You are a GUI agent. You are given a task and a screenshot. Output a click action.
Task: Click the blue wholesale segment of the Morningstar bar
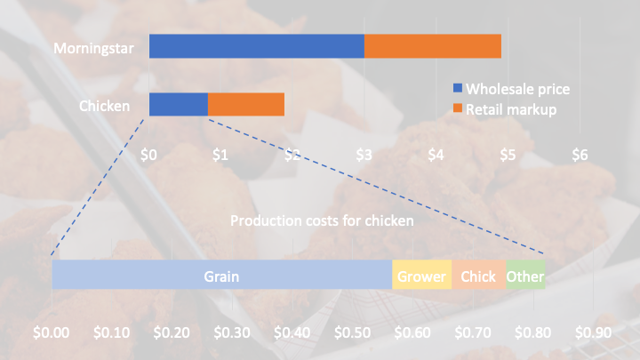pyautogui.click(x=256, y=46)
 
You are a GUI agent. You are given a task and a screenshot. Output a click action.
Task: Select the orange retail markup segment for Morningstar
pyautogui.click(x=433, y=46)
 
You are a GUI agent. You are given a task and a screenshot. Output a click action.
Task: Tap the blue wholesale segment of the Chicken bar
pyautogui.click(x=179, y=104)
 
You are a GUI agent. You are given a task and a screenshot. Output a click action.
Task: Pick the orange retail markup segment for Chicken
pyautogui.click(x=246, y=104)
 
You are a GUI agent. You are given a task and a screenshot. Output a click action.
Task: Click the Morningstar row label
pyautogui.click(x=93, y=48)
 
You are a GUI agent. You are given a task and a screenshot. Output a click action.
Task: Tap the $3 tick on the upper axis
pyautogui.click(x=364, y=154)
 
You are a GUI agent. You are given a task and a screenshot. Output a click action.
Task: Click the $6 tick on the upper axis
pyautogui.click(x=580, y=154)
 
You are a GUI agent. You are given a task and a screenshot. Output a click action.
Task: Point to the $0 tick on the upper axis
pyautogui.click(x=149, y=154)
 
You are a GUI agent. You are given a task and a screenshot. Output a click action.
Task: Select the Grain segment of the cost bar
pyautogui.click(x=221, y=276)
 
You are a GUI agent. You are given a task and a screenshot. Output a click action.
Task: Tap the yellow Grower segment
pyautogui.click(x=421, y=276)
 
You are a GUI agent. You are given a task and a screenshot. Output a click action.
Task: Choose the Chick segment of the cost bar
pyautogui.click(x=478, y=276)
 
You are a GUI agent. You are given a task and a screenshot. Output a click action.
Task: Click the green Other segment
pyautogui.click(x=525, y=276)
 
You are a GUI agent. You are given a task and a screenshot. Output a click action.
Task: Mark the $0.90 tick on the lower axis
pyautogui.click(x=594, y=332)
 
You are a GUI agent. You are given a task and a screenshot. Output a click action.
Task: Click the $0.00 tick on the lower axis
pyautogui.click(x=51, y=332)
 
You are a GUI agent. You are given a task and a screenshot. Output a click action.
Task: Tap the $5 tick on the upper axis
pyautogui.click(x=508, y=154)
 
